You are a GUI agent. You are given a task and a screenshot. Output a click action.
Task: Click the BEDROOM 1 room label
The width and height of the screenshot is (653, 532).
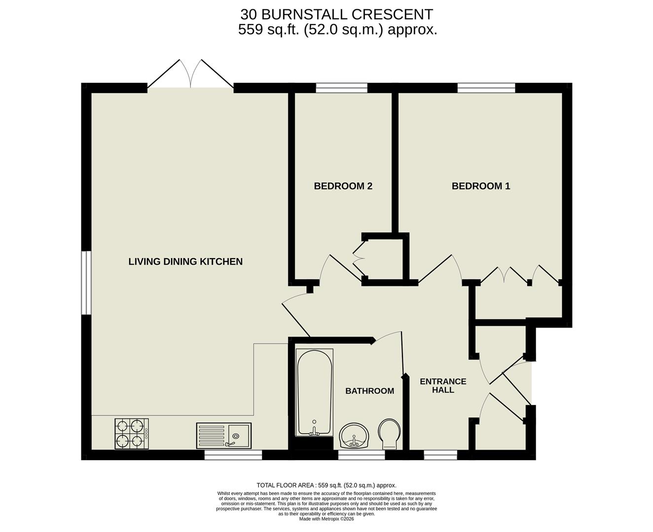click(481, 186)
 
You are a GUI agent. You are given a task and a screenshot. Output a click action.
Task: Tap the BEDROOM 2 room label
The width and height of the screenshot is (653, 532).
click(343, 186)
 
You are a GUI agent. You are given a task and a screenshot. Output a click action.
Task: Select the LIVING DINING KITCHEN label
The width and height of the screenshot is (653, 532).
click(185, 262)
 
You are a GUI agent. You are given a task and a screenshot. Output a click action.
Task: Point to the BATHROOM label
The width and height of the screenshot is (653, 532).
click(369, 391)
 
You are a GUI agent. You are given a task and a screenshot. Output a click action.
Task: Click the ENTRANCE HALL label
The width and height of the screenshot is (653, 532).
click(443, 386)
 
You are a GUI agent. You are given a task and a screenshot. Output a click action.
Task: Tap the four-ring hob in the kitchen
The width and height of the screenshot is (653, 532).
click(132, 434)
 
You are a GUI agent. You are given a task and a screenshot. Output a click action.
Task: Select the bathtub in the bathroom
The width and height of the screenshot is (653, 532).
click(315, 392)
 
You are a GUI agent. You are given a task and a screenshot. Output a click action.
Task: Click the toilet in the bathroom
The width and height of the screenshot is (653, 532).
click(390, 433)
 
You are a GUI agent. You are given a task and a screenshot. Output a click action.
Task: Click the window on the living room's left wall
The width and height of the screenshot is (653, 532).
click(86, 283)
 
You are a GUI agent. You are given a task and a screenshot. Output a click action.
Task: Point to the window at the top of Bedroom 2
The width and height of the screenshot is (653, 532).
click(342, 88)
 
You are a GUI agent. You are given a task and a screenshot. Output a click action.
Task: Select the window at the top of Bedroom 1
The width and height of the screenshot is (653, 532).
click(486, 88)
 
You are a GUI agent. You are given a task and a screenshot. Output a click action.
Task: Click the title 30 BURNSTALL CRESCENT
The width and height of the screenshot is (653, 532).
click(337, 14)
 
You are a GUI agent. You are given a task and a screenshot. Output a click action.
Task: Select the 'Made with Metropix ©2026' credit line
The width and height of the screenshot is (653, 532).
click(326, 519)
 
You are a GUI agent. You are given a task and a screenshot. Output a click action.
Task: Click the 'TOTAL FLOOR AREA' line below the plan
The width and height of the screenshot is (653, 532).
click(326, 485)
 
